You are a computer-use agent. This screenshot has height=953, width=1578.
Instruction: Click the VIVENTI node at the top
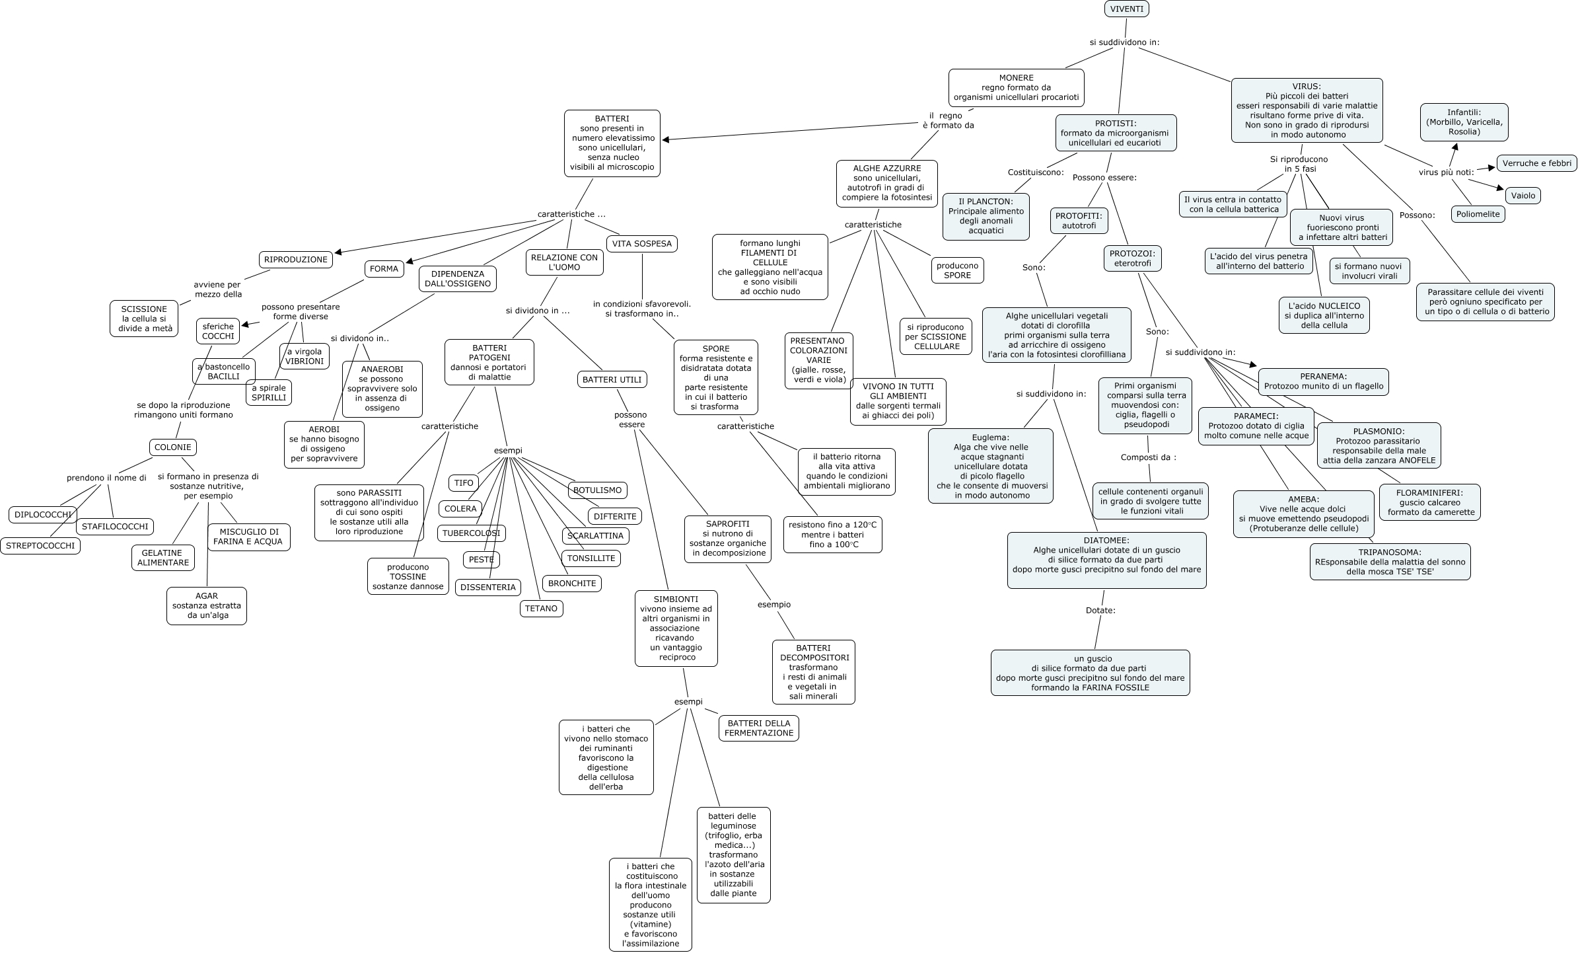[x=1127, y=9]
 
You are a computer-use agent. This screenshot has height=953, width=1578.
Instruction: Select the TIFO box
[x=464, y=483]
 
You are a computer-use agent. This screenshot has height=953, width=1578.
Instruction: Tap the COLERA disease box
[x=460, y=509]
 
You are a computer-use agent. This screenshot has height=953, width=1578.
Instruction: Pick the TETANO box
[x=541, y=609]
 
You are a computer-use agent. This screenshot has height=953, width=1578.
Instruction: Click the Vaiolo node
[x=1523, y=196]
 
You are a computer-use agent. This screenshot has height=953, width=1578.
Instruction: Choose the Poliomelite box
[x=1478, y=214]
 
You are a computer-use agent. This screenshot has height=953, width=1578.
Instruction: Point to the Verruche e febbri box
[x=1536, y=163]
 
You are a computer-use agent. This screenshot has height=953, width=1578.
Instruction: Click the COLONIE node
[x=172, y=447]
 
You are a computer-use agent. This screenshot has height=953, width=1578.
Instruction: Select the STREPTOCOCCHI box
[x=40, y=546]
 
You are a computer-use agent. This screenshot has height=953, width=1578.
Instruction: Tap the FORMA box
[x=384, y=269]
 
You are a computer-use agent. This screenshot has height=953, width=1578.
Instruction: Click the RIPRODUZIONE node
[x=295, y=260]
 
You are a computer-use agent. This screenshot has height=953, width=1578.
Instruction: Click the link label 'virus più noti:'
[x=1446, y=172]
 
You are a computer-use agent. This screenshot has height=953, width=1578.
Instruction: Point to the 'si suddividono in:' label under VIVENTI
[x=1124, y=42]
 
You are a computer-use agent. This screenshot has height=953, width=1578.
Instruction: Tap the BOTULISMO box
[x=597, y=490]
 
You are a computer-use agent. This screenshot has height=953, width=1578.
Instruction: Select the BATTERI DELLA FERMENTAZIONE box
[x=759, y=728]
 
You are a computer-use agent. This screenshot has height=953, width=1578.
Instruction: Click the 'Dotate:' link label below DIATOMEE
[x=1100, y=611]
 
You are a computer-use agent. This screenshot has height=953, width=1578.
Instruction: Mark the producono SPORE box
[x=957, y=270]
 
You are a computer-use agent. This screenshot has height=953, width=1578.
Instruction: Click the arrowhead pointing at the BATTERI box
[x=666, y=139]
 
